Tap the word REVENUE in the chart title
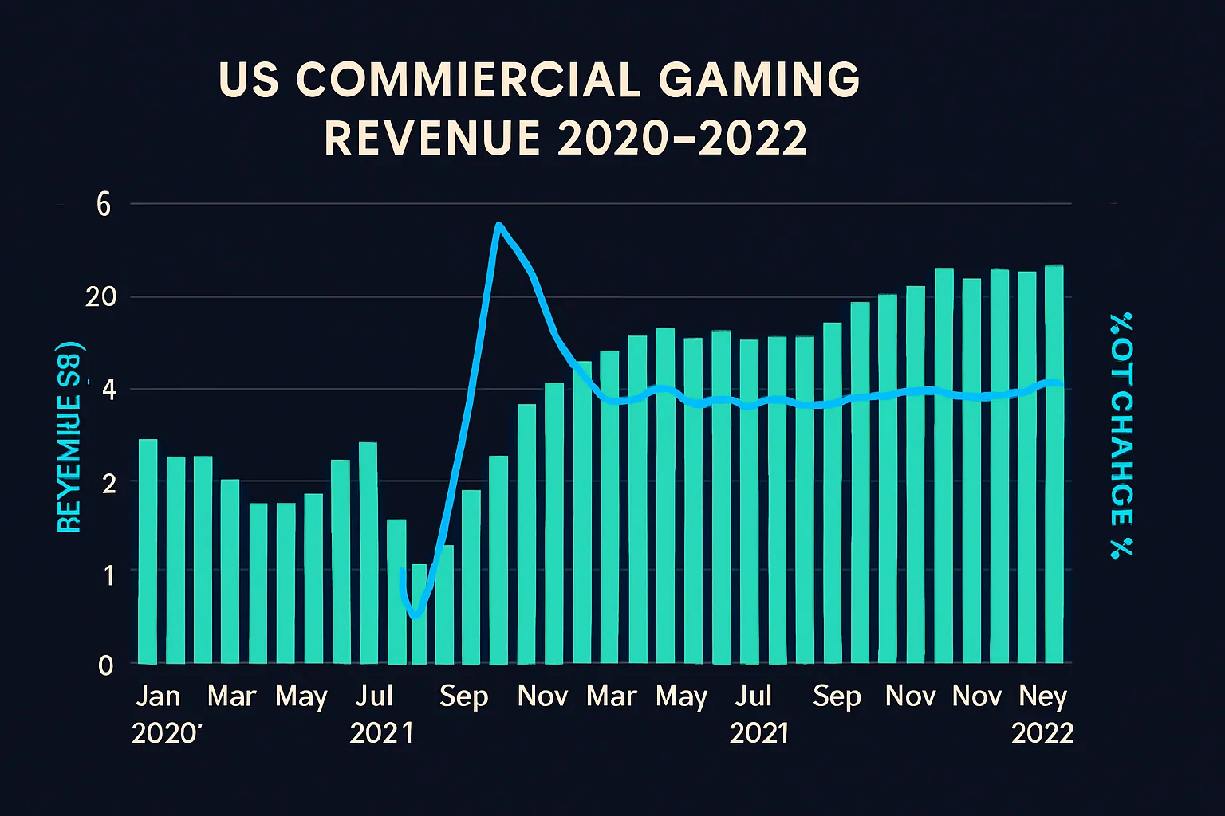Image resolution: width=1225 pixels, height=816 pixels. point(431,138)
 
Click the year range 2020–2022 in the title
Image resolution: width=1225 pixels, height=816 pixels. point(683,138)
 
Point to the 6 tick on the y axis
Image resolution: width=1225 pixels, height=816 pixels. point(104,205)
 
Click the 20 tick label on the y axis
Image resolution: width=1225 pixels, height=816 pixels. point(101,297)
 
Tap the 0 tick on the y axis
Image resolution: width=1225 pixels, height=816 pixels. point(105,665)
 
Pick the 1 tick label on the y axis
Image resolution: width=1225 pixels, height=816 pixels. point(108,574)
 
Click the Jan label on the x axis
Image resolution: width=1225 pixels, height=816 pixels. point(158,696)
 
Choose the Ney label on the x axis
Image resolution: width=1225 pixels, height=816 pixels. point(1042,696)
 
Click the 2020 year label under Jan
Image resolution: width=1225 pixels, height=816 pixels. point(164,733)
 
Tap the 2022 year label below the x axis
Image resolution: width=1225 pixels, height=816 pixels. point(1042,733)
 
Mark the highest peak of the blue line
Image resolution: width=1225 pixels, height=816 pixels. point(498,226)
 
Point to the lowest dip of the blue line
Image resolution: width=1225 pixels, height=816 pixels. point(415,615)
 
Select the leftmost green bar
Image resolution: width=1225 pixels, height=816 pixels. point(148,551)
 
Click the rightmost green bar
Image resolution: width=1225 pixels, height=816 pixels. point(1054,464)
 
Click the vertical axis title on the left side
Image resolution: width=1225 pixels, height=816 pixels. point(69,438)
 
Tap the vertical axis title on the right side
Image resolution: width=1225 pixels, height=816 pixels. point(1121,434)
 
